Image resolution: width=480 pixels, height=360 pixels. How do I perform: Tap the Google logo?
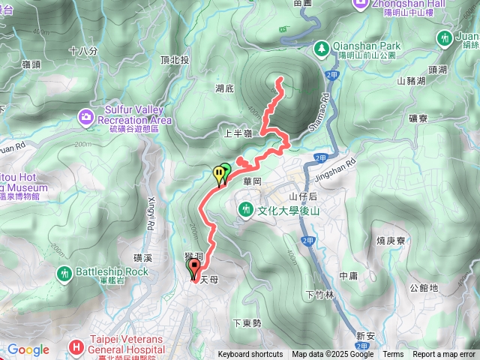(x=28, y=349)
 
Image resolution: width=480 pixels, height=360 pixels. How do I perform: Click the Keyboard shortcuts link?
(x=250, y=355)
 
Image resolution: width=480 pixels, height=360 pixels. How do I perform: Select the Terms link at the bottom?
(x=393, y=355)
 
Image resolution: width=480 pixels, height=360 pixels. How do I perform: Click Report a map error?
(x=445, y=355)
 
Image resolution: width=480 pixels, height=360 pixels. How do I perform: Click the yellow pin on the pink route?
(x=219, y=174)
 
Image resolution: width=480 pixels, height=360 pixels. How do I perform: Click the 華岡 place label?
(x=250, y=182)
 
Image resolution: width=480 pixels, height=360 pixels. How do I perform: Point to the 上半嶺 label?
(x=237, y=134)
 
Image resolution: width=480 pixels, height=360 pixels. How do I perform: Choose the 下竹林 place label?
(x=319, y=294)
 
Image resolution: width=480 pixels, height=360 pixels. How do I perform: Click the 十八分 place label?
(x=82, y=51)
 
